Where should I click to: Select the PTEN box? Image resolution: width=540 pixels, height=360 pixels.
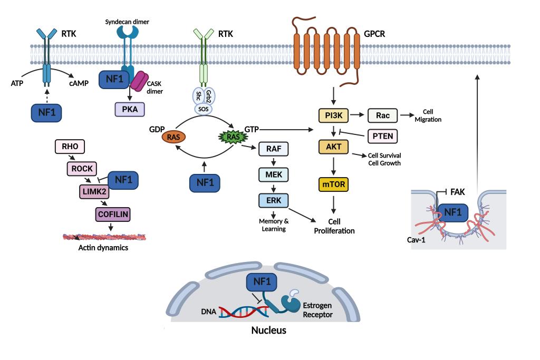click(381, 136)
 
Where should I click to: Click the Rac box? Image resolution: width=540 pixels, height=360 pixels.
click(382, 114)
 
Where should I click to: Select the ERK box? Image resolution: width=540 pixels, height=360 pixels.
click(273, 200)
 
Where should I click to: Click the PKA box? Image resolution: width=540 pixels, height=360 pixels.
click(129, 109)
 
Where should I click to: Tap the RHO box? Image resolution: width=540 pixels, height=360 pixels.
click(70, 146)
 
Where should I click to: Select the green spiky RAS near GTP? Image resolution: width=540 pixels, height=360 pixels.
click(231, 137)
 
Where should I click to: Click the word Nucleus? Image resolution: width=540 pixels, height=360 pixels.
click(269, 330)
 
